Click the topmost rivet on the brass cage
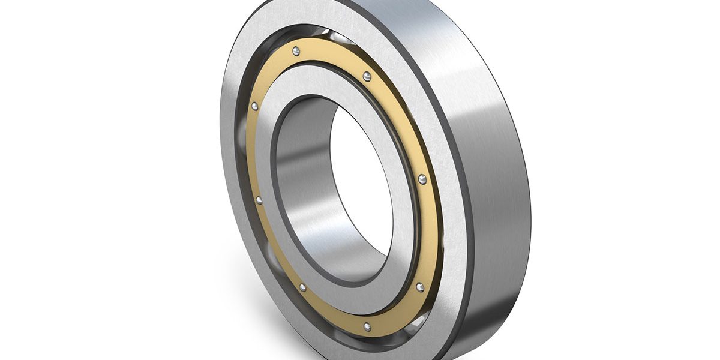pos(296,52)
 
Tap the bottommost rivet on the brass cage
pos(367,327)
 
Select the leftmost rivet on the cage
pos(254,106)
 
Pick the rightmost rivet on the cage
pos(422,179)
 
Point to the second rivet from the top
pos(367,76)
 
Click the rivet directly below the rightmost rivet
pos(419,287)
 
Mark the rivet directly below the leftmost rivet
pos(259,200)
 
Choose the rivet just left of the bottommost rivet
pos(302,288)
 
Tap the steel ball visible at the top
pos(339,37)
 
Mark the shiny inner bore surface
pos(300,180)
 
